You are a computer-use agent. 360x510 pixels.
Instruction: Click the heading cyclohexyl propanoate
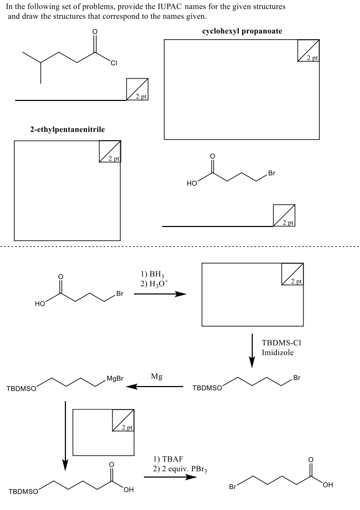(x=242, y=31)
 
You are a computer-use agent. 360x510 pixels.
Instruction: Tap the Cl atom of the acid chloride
(x=113, y=63)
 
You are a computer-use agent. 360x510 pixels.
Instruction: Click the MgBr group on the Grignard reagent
(x=115, y=379)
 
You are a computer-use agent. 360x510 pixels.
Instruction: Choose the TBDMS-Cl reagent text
(x=283, y=343)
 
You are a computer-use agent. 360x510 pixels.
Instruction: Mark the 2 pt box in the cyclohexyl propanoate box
(x=308, y=51)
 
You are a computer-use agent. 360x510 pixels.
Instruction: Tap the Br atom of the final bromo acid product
(x=234, y=488)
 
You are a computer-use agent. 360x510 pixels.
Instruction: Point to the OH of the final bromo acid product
(x=328, y=485)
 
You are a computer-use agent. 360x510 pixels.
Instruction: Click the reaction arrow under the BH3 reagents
(x=160, y=294)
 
